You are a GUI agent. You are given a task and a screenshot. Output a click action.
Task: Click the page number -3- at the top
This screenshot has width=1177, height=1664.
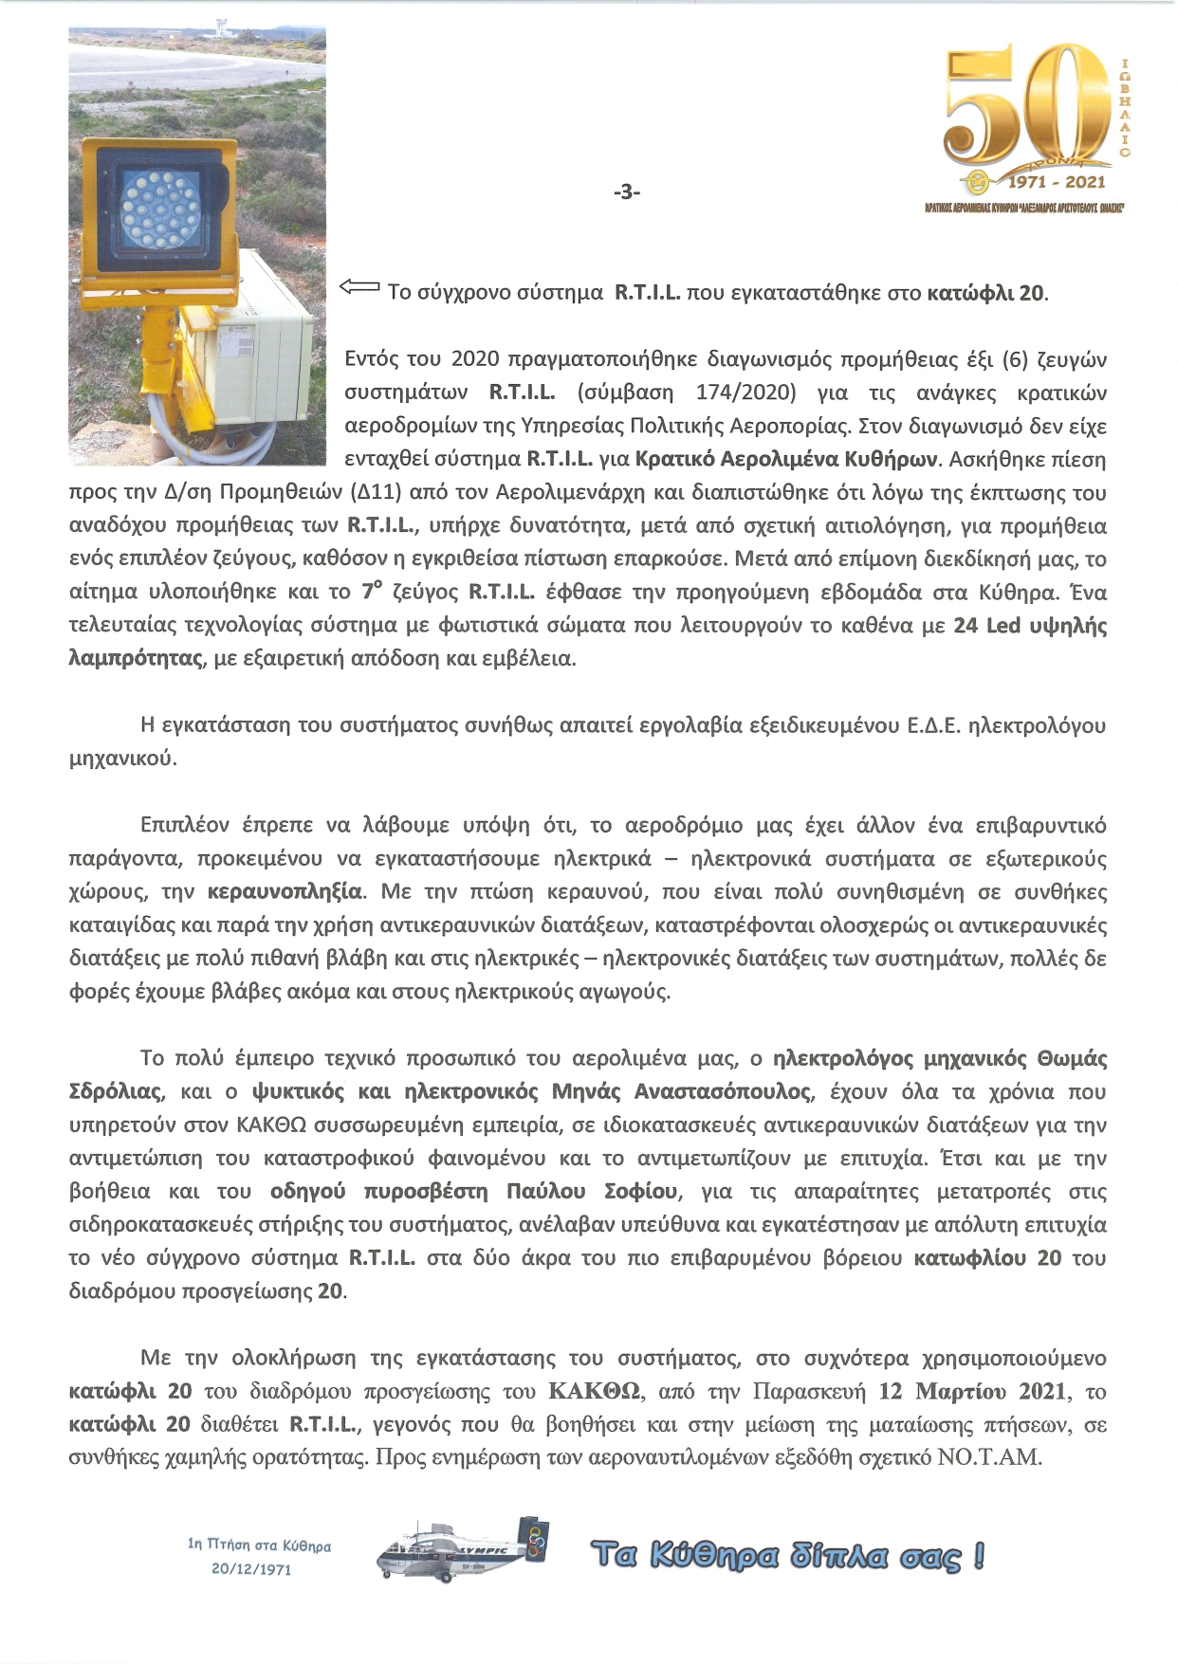[x=627, y=192]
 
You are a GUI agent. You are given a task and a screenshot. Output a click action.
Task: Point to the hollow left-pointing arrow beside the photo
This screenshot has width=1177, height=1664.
[x=359, y=286]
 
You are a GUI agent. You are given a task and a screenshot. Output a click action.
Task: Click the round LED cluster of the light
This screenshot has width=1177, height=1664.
[x=160, y=206]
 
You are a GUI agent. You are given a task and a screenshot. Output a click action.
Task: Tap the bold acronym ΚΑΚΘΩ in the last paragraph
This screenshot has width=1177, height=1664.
[x=593, y=1392]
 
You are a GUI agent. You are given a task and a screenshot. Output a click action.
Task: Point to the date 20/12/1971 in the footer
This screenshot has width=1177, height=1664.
[x=251, y=1569]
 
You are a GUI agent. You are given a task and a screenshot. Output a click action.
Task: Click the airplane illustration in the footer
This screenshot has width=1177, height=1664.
[x=463, y=1553]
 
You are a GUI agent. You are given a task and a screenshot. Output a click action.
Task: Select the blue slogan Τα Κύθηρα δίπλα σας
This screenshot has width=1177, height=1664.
[x=786, y=1556]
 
